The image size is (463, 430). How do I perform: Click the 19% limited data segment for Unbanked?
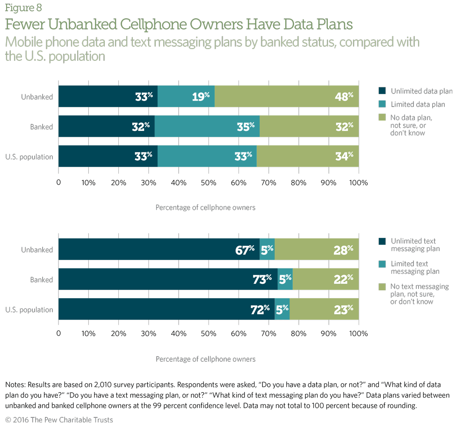(186, 97)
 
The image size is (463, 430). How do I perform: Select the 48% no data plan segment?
(287, 97)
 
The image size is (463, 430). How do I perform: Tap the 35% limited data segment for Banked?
(207, 127)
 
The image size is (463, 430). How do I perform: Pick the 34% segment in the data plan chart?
(308, 157)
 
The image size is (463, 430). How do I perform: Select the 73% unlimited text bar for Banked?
(168, 279)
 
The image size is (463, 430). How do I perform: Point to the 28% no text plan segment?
(317, 250)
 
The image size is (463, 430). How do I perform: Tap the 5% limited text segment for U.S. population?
(282, 309)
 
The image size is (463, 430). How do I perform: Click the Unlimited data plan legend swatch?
(382, 91)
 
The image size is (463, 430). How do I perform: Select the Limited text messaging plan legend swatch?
(382, 264)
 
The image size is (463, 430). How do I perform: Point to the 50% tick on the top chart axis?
(209, 182)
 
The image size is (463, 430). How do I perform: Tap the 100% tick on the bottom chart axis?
(359, 334)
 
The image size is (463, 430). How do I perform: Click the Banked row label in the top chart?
(42, 127)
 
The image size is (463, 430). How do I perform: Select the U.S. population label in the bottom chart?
(30, 309)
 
